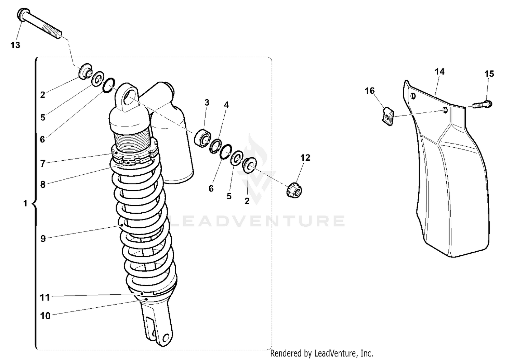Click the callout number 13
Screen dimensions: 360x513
point(15,45)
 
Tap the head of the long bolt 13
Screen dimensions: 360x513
point(21,15)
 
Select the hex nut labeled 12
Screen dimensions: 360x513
point(293,190)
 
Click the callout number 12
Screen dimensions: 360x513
point(305,158)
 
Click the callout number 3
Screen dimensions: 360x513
point(207,103)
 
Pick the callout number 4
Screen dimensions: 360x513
point(226,105)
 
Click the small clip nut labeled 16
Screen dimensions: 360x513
point(387,116)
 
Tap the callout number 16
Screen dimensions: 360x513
point(370,91)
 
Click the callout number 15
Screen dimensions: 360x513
point(489,74)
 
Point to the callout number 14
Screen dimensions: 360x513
point(439,72)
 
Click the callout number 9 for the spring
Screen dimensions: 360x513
point(43,239)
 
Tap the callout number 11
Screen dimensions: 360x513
point(45,298)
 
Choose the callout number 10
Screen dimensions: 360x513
point(45,316)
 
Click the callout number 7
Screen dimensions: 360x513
point(43,164)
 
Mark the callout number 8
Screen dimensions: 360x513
point(43,185)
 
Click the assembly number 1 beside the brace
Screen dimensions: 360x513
point(25,204)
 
